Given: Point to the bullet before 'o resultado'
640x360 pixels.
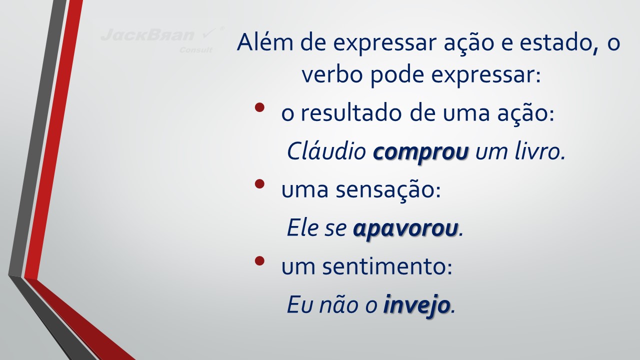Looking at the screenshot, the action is tap(259, 107).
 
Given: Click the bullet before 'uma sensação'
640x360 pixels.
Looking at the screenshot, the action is tap(259, 183).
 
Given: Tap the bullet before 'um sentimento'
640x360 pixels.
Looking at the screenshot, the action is tap(259, 260).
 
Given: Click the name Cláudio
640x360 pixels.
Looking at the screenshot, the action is tap(326, 151).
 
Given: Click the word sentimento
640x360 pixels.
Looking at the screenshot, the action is tap(387, 266).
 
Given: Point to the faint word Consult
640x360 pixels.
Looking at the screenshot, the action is tap(196, 50).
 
